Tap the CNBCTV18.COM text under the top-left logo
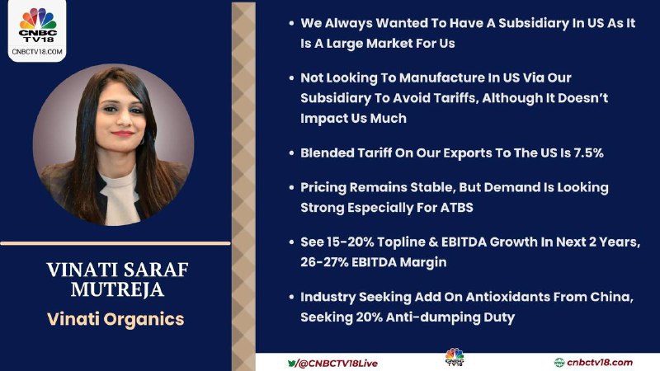pos(37,52)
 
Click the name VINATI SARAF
pos(117,270)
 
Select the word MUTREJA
pos(117,289)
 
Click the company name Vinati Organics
pos(115,319)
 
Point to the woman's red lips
pos(123,134)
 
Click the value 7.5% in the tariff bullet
pos(588,153)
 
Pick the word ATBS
pos(457,208)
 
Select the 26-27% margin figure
pos(323,262)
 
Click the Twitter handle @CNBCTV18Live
pos(337,364)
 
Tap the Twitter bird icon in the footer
pos(292,363)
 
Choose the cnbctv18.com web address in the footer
pos(600,363)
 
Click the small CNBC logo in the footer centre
pos(455,357)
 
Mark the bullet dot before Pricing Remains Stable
pos(291,188)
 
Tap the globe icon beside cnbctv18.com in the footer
pos(559,363)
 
